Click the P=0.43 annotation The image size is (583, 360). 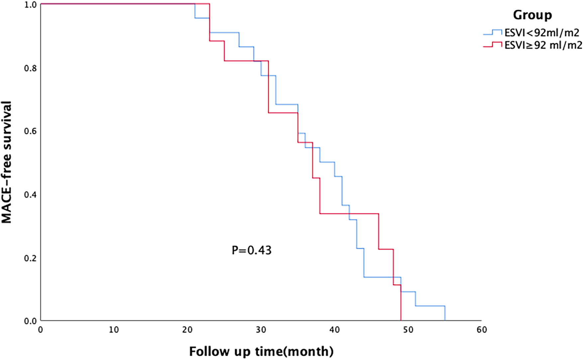pyautogui.click(x=251, y=250)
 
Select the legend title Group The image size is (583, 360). pyautogui.click(x=532, y=15)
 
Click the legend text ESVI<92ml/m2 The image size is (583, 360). pyautogui.click(x=542, y=33)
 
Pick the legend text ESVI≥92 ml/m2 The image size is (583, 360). pyautogui.click(x=543, y=45)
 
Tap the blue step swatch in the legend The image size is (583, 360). pyautogui.click(x=492, y=33)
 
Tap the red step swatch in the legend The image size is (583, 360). pyautogui.click(x=492, y=45)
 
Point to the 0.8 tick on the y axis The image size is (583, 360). pyautogui.click(x=31, y=68)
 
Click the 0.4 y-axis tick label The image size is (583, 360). pyautogui.click(x=31, y=194)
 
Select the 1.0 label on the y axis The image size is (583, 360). pyautogui.click(x=31, y=5)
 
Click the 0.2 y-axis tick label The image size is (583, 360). pyautogui.click(x=31, y=258)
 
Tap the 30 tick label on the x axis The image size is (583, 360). pyautogui.click(x=261, y=330)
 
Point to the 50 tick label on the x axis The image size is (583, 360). pyautogui.click(x=408, y=330)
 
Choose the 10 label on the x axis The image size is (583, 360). pyautogui.click(x=114, y=330)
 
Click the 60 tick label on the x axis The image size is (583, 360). pyautogui.click(x=482, y=330)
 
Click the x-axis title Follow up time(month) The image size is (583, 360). pyautogui.click(x=261, y=351)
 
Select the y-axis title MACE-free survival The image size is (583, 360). pyautogui.click(x=7, y=162)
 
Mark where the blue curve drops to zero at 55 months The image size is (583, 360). pyautogui.click(x=445, y=314)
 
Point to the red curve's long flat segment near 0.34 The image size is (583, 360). pyautogui.click(x=349, y=213)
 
